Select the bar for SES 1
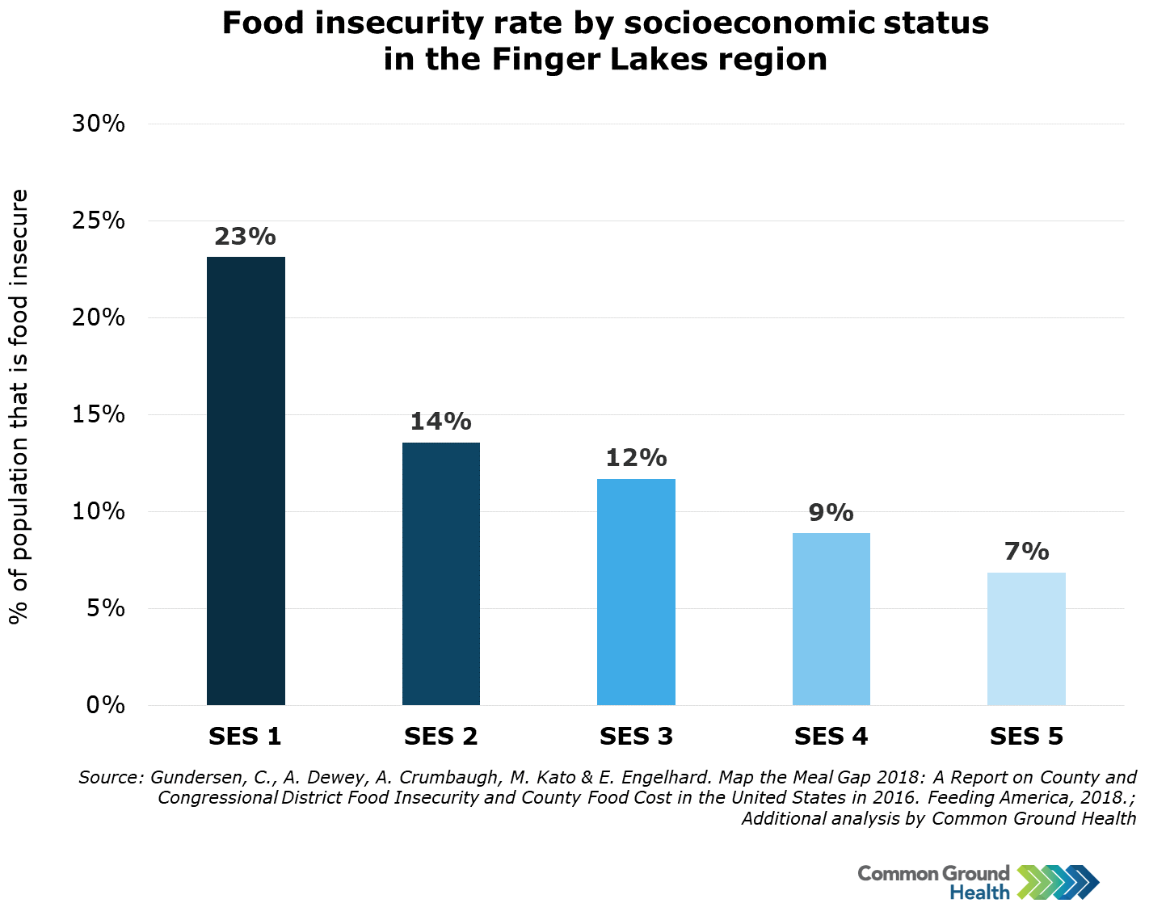click(x=246, y=481)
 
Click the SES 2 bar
click(x=441, y=573)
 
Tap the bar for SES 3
click(x=636, y=592)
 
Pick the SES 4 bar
click(x=831, y=619)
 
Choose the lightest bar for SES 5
click(x=1026, y=639)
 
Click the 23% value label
click(x=245, y=237)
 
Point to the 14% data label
click(x=440, y=422)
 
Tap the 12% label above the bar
click(x=636, y=458)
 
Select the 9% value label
click(x=831, y=512)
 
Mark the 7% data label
click(x=1026, y=552)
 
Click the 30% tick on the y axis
click(x=99, y=124)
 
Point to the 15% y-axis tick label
click(x=99, y=414)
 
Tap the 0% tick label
click(x=106, y=705)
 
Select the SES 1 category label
click(x=245, y=736)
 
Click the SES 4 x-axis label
click(x=831, y=736)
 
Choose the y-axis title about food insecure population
click(x=19, y=406)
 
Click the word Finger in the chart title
click(x=539, y=60)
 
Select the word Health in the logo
click(x=979, y=892)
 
